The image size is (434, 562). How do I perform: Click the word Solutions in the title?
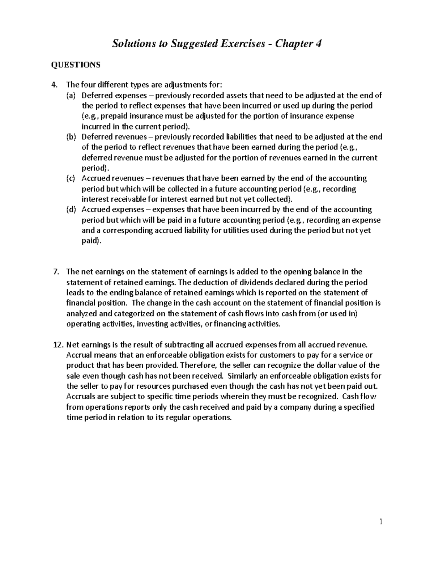click(131, 44)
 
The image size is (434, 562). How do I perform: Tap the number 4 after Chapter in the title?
click(318, 44)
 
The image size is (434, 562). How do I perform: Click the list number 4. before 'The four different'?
click(55, 85)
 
